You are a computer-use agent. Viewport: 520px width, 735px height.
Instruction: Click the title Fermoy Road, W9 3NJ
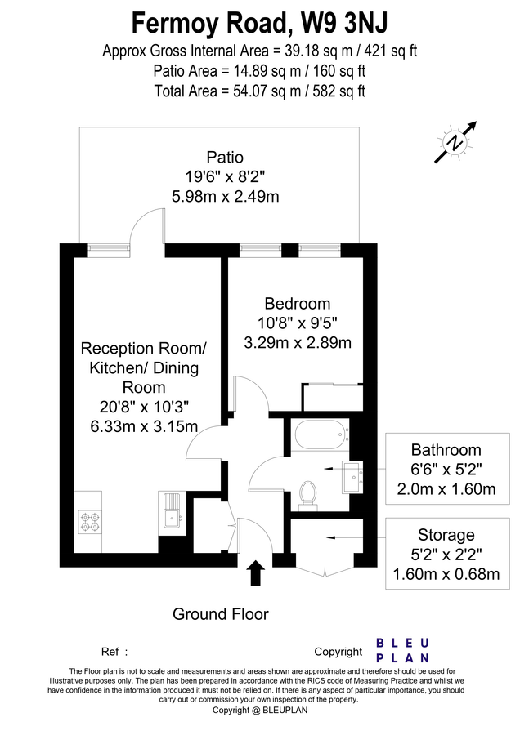[x=259, y=20]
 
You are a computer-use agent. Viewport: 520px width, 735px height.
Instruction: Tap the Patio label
[x=225, y=157]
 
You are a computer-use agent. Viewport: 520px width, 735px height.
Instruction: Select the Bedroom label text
[x=298, y=303]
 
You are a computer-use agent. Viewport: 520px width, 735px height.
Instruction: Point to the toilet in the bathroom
[x=308, y=492]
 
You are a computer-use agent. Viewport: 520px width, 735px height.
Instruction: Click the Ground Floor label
[x=220, y=614]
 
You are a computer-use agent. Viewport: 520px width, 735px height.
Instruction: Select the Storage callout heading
[x=446, y=536]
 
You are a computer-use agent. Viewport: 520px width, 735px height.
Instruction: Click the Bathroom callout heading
[x=446, y=450]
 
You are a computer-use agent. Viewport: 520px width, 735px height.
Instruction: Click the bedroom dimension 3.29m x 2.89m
[x=298, y=342]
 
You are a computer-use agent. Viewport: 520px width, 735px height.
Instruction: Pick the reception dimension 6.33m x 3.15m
[x=144, y=426]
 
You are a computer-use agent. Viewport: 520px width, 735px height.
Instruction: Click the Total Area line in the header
[x=259, y=91]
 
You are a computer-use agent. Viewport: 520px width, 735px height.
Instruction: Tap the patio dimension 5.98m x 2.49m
[x=225, y=196]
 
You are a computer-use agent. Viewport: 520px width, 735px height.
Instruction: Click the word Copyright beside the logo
[x=338, y=652]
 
